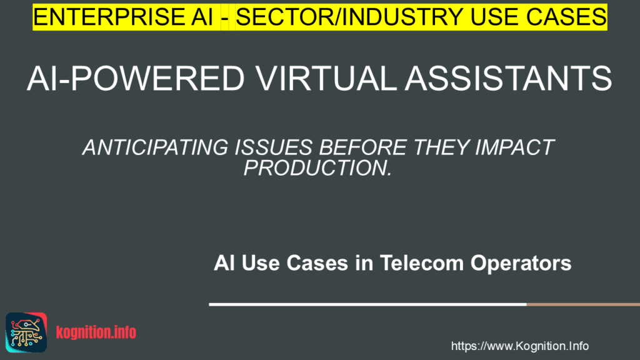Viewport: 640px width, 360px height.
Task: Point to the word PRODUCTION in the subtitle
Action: [316, 167]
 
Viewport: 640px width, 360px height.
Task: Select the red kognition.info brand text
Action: [96, 332]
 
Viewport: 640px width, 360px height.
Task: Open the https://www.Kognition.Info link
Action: [519, 346]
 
